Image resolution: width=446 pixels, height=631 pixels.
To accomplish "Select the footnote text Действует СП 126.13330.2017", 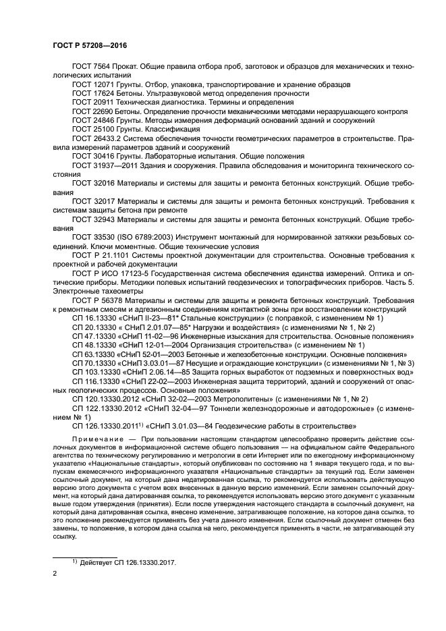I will (x=127, y=561).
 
